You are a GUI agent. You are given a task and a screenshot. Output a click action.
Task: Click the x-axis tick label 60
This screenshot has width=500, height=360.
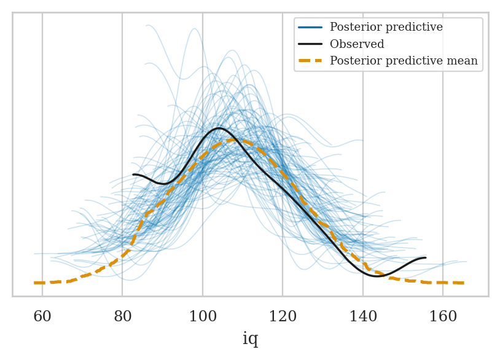click(42, 317)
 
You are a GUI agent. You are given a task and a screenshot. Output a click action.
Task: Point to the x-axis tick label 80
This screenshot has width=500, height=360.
click(122, 317)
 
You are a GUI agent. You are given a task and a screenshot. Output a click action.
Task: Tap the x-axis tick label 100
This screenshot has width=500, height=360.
click(203, 317)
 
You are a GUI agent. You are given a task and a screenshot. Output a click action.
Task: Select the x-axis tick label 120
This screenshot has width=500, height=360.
click(283, 317)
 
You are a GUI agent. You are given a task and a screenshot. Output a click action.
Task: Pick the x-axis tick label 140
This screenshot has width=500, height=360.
click(363, 317)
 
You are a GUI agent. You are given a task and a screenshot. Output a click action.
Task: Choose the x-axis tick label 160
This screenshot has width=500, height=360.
click(443, 317)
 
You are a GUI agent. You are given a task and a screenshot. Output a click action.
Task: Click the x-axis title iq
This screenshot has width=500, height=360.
click(250, 339)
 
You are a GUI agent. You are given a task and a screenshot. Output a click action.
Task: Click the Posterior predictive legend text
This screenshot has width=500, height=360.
click(386, 27)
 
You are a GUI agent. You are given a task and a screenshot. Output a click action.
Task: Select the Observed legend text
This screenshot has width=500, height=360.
click(357, 44)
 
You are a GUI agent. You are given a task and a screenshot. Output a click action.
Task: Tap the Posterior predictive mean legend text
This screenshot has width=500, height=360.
click(404, 61)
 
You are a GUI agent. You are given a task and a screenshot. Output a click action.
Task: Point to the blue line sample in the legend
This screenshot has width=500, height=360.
click(310, 27)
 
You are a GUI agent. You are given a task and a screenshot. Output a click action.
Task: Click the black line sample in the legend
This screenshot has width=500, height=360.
click(310, 44)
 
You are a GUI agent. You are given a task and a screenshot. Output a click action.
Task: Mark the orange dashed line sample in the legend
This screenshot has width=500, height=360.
click(310, 61)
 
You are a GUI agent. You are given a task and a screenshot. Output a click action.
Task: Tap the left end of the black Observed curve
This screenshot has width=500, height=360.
click(133, 175)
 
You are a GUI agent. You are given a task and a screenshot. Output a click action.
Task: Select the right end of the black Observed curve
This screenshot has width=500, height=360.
click(425, 258)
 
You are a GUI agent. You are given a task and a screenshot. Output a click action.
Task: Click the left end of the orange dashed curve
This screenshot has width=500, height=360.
click(35, 283)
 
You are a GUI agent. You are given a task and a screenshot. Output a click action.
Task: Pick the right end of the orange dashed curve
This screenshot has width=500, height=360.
click(463, 283)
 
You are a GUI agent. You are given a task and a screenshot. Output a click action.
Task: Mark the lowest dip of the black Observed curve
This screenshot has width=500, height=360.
click(377, 276)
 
